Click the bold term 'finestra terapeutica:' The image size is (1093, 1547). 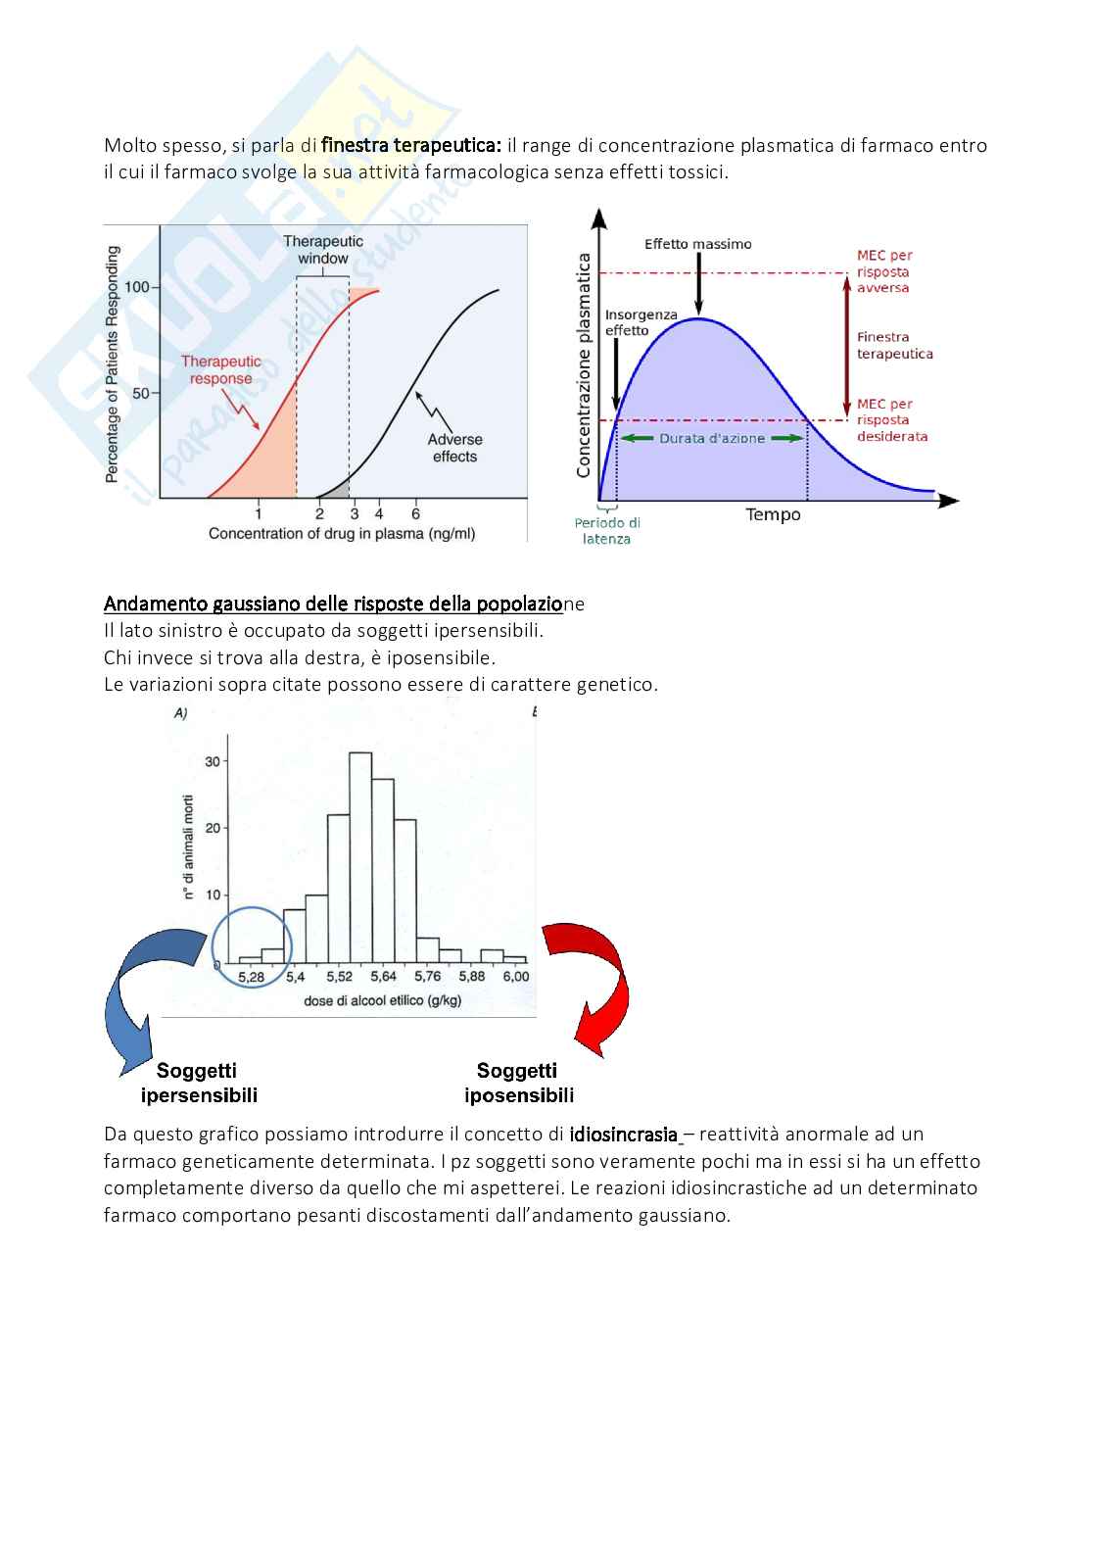point(410,146)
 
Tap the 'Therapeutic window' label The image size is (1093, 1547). point(323,250)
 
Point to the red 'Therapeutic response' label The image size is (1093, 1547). point(221,370)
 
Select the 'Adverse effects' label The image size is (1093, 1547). point(454,448)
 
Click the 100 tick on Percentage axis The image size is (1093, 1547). point(137,287)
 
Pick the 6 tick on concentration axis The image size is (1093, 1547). point(415,513)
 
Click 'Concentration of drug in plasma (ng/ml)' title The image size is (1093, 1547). point(342,534)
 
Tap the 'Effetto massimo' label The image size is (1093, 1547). point(697,244)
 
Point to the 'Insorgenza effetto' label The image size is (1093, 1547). point(641,322)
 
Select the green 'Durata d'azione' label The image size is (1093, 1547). point(712,438)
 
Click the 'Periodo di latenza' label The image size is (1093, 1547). point(607,531)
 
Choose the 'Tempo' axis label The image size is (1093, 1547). point(773,514)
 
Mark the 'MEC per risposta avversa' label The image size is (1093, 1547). point(884,271)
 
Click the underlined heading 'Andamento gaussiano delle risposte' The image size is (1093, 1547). point(333,604)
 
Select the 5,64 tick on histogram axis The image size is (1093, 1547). point(383,977)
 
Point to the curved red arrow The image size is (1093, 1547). point(590,985)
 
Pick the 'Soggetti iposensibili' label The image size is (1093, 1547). point(518,1083)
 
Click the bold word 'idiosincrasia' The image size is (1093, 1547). point(624,1135)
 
